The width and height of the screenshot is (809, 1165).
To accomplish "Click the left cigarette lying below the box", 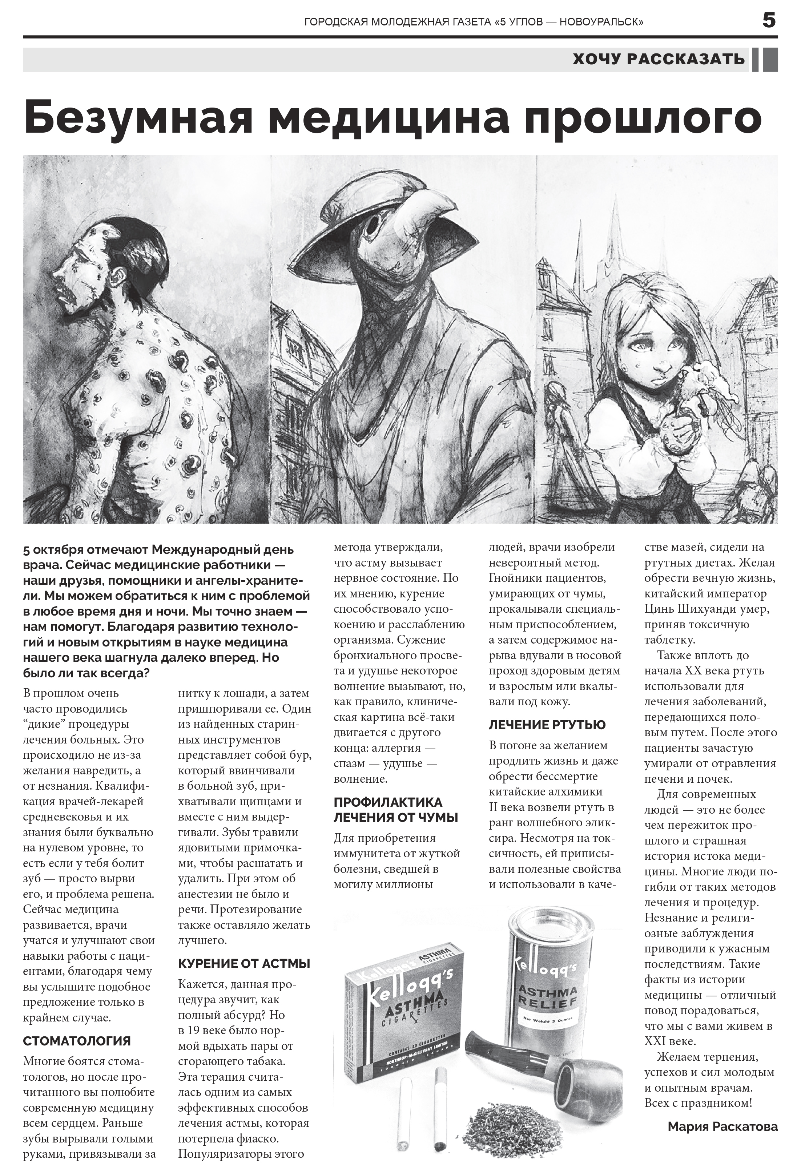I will tap(404, 1112).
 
